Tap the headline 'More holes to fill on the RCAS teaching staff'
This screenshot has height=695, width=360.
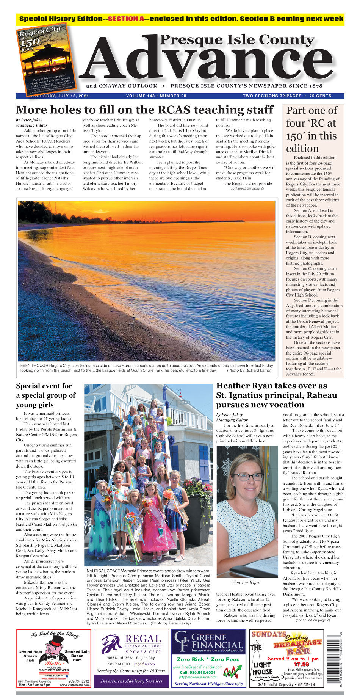144,110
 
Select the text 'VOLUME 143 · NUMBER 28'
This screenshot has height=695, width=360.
156,96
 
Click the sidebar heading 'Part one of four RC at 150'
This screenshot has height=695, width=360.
311,129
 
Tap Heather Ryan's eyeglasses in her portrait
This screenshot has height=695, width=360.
247,477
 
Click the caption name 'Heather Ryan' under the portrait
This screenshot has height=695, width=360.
246,582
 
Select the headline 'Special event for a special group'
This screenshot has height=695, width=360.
45,395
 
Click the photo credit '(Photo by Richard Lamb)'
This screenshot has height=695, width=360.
249,370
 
